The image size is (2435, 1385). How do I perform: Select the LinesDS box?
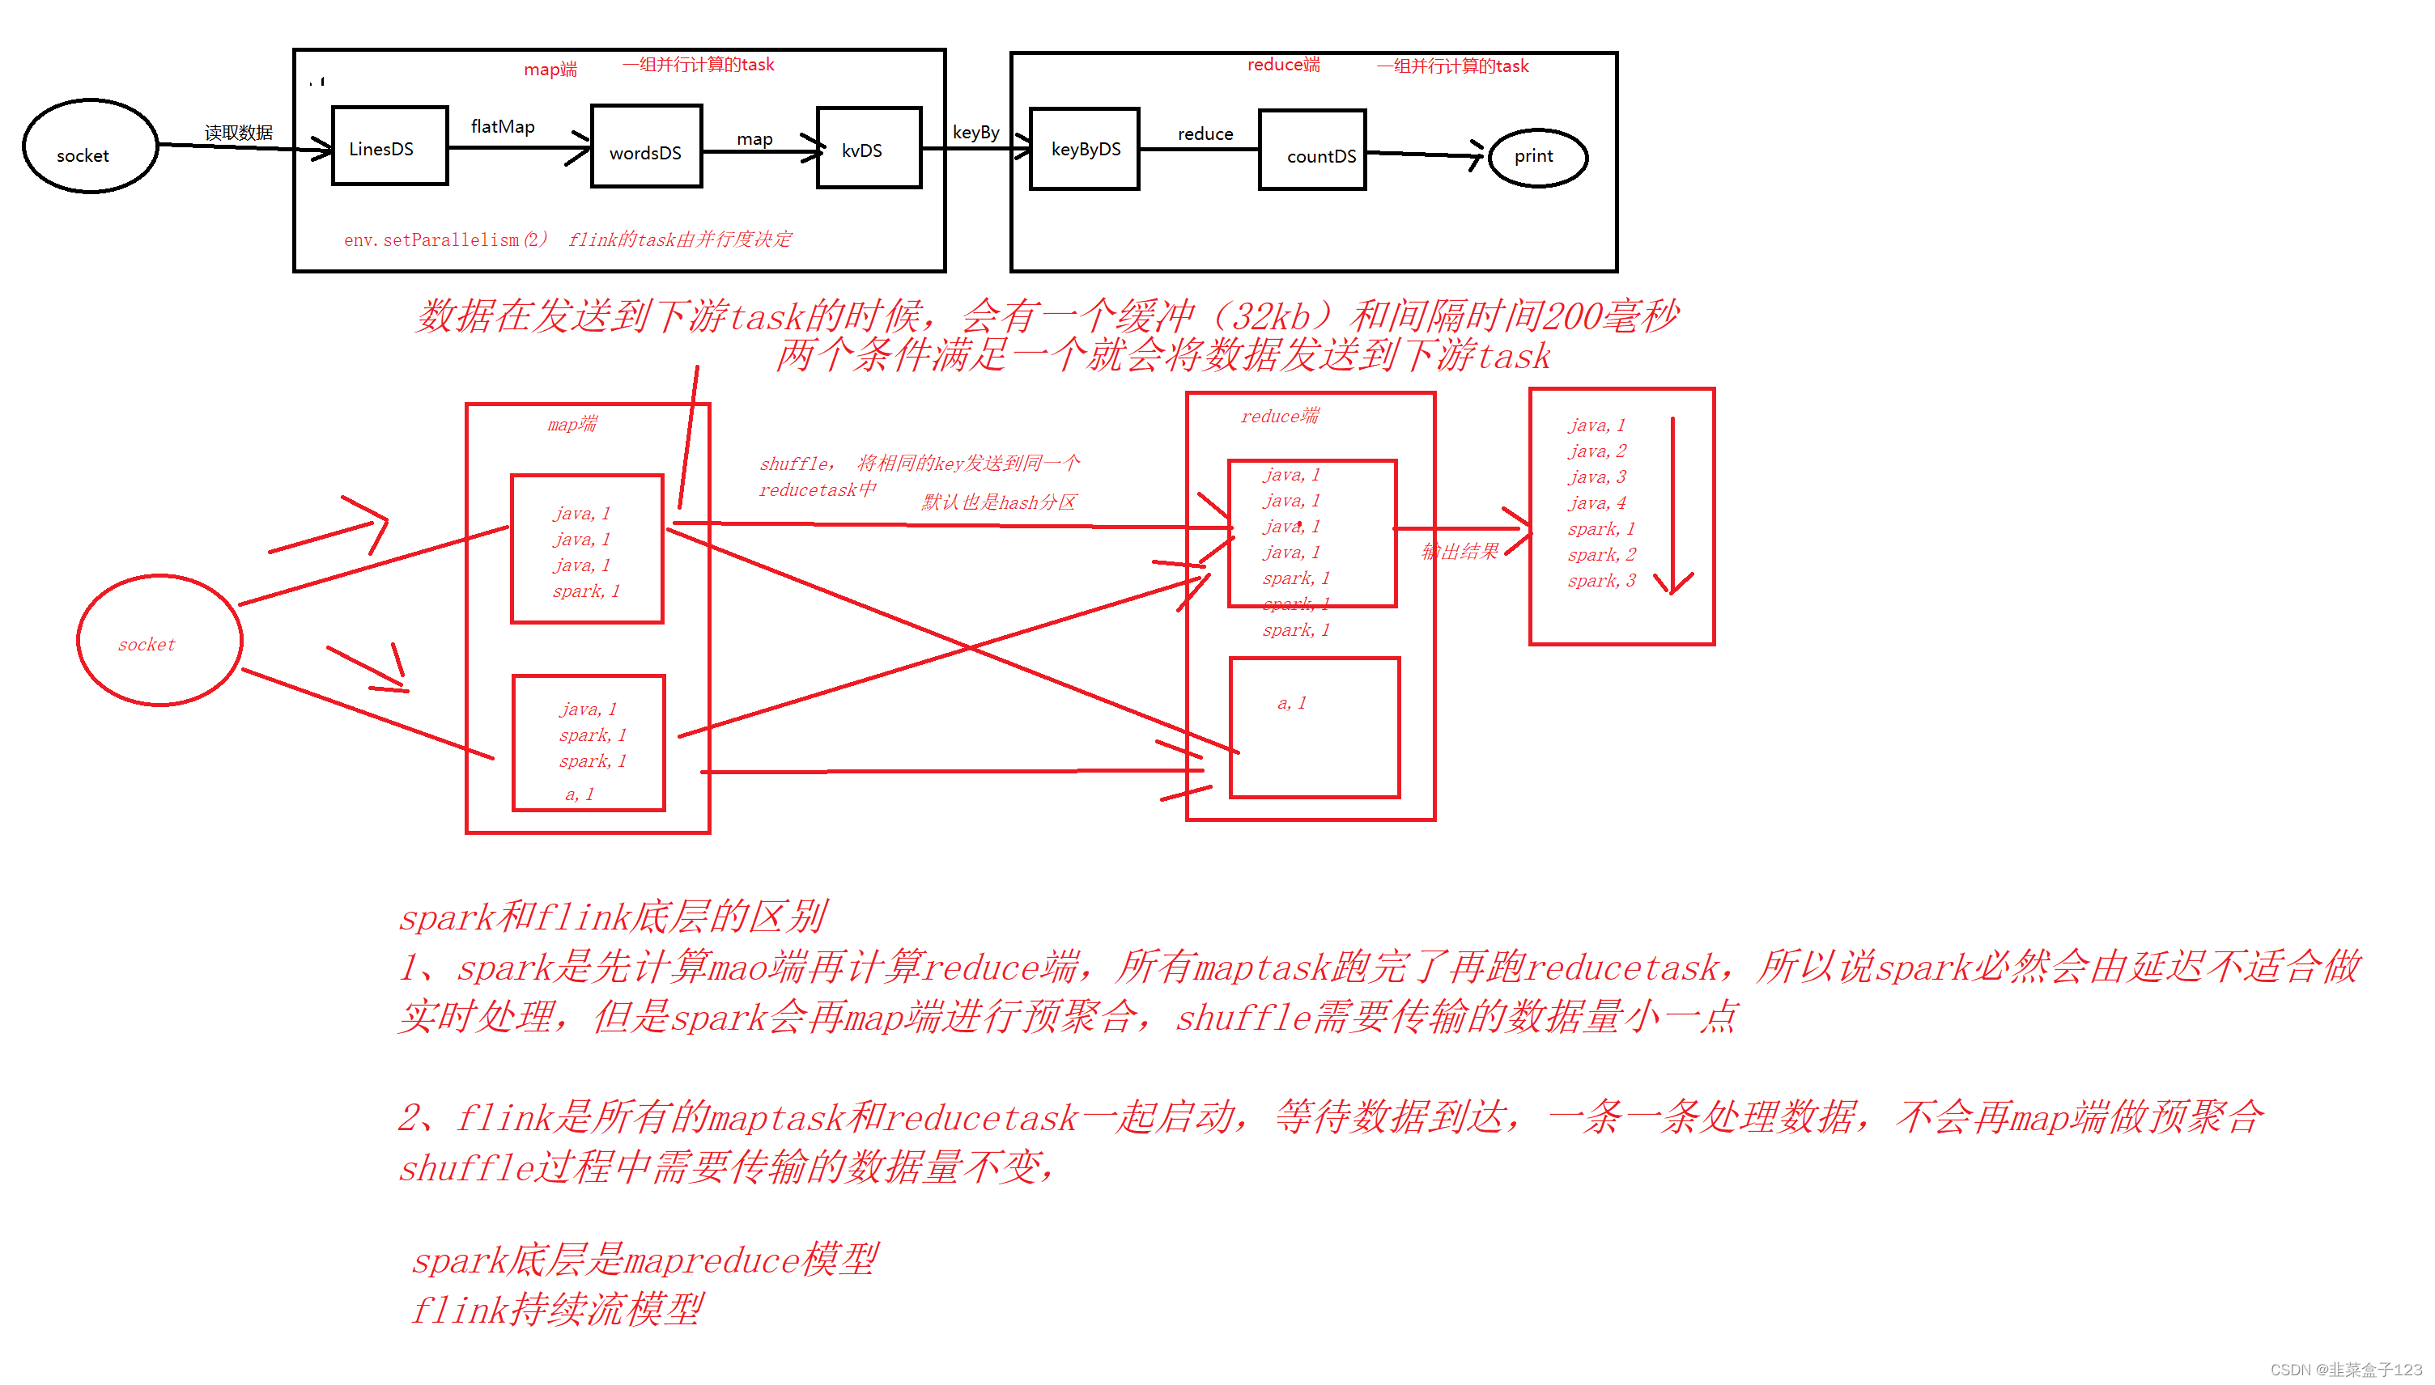[x=389, y=146]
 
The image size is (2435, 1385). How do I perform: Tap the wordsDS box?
[x=646, y=147]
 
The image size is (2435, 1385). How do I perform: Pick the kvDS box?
[x=868, y=148]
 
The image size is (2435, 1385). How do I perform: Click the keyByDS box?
[x=1084, y=150]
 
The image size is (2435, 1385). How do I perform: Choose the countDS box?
[x=1312, y=151]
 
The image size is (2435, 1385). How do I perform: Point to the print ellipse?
[x=1536, y=157]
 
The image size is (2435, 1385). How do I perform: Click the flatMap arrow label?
[x=503, y=126]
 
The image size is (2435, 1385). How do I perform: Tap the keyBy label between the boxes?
[x=975, y=132]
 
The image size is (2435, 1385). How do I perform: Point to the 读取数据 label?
[x=238, y=132]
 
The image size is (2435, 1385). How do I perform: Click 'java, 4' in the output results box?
[x=1596, y=502]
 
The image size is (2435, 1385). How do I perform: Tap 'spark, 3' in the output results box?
[x=1601, y=580]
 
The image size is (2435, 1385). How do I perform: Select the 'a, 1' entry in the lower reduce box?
[x=1291, y=703]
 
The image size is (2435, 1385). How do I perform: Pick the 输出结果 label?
[x=1460, y=552]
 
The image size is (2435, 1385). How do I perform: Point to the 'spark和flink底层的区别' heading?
[x=612, y=917]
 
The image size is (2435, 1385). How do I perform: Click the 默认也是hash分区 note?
[x=998, y=502]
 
